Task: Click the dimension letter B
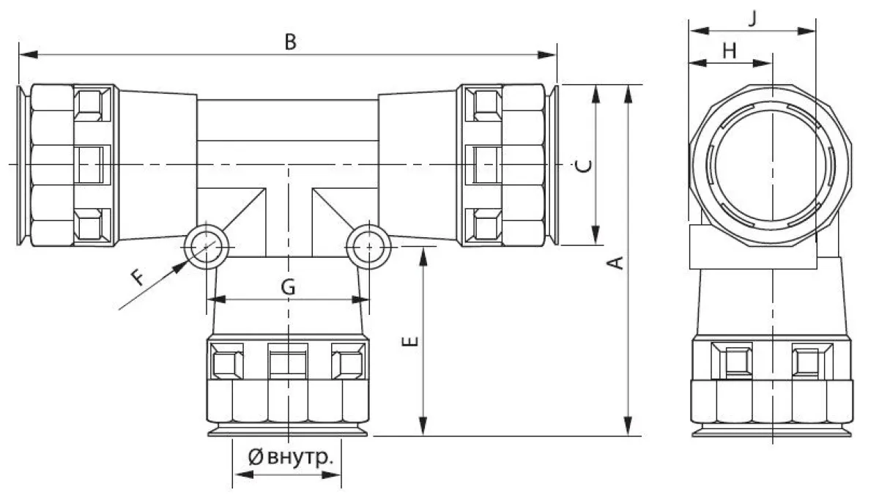click(x=290, y=42)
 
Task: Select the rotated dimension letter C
click(x=584, y=166)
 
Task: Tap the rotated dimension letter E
click(x=410, y=341)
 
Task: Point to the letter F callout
click(x=138, y=278)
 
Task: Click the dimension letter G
click(x=288, y=287)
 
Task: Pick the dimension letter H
click(x=730, y=51)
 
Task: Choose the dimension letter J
click(x=752, y=18)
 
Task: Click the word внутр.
click(x=300, y=457)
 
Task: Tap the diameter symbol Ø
click(x=256, y=458)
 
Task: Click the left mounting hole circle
click(x=206, y=247)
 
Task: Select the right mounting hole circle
click(x=369, y=247)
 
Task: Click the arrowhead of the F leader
click(x=180, y=267)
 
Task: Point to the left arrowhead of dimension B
click(x=29, y=54)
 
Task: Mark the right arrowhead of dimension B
click(x=546, y=54)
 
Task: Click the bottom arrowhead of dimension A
click(x=628, y=426)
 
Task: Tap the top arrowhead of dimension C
click(x=596, y=94)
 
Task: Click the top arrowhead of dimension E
click(x=423, y=257)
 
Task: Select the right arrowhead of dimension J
click(x=806, y=31)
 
